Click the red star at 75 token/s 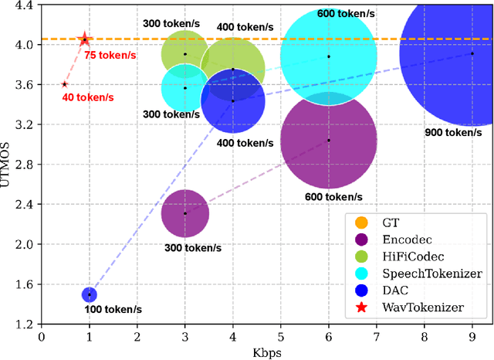[x=85, y=39]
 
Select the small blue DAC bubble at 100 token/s [x=90, y=294]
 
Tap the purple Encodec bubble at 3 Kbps [x=185, y=213]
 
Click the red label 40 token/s [x=88, y=97]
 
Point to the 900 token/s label [x=452, y=133]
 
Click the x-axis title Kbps [x=267, y=352]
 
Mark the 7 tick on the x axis [x=376, y=337]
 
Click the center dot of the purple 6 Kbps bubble [x=328, y=140]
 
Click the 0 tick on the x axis [x=42, y=337]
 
